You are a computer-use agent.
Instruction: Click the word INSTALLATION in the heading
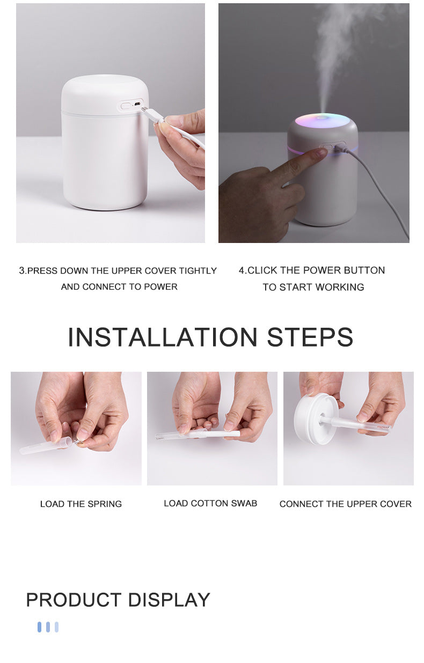point(163,337)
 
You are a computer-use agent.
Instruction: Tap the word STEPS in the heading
point(310,337)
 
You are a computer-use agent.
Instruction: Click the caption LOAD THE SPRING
point(81,504)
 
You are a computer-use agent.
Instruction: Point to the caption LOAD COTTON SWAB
point(210,504)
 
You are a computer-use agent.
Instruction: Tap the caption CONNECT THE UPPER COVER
point(346,504)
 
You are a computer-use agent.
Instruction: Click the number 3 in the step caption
point(22,271)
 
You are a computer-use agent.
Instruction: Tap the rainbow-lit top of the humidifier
point(322,120)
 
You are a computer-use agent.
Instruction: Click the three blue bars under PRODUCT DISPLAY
point(48,627)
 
